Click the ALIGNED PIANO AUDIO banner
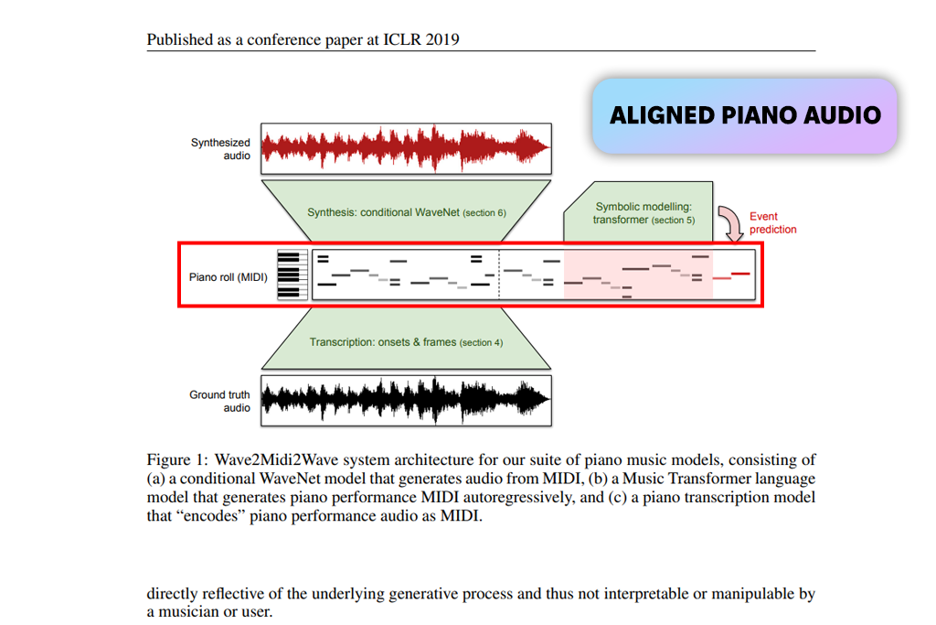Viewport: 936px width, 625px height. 745,115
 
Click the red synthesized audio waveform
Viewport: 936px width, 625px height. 407,146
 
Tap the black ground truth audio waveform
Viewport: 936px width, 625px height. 407,399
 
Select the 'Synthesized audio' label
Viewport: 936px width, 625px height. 220,148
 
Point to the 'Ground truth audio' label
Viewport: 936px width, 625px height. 219,401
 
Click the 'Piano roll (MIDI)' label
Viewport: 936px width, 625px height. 229,276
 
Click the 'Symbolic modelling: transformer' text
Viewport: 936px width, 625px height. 643,213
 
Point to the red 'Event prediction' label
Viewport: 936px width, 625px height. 772,222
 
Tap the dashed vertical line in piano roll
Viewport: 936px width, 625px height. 499,275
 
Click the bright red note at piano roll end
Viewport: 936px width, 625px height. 740,273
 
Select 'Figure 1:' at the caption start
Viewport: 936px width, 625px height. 177,460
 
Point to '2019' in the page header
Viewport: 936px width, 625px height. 445,39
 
